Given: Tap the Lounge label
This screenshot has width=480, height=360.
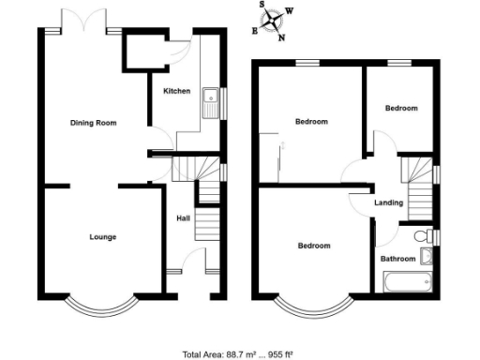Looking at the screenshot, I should pos(103,237).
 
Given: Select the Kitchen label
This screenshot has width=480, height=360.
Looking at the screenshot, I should pos(177,91).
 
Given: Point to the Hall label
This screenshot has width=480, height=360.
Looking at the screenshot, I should pos(184,218).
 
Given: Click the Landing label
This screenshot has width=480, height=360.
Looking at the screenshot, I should pos(389,202).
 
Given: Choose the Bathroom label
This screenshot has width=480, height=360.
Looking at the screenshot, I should pos(397,258).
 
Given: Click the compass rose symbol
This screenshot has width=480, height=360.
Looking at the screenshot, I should pos(274,22).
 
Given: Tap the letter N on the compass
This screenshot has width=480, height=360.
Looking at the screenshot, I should pos(282,37).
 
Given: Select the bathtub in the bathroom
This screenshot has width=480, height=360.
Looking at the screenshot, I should pos(406,282).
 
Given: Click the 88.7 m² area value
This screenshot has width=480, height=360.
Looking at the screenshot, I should pos(239,353).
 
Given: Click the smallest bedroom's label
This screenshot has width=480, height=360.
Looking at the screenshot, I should pos(401,109).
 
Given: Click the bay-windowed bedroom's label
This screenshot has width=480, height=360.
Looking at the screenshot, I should pos(314,246).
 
